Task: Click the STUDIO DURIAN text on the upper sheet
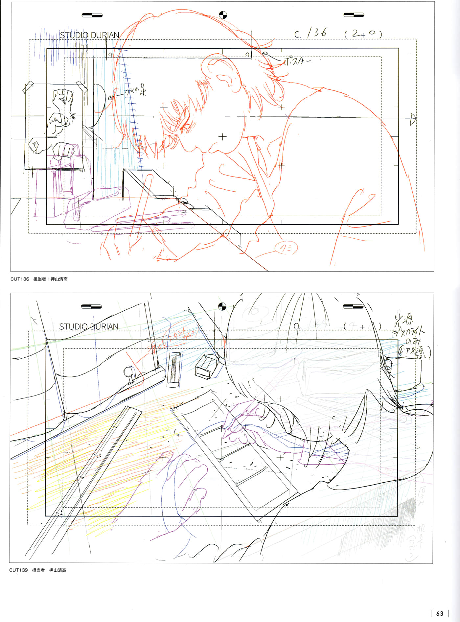pos(89,35)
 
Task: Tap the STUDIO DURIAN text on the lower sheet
pos(89,326)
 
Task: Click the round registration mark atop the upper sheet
pos(223,15)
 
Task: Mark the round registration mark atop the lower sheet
pos(222,307)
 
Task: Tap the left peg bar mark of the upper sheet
pos(92,15)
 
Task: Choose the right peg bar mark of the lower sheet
pos(353,307)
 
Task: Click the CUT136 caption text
pos(20,279)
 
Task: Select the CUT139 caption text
pos(18,570)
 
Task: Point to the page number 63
pos(440,613)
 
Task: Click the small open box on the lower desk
pos(206,366)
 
